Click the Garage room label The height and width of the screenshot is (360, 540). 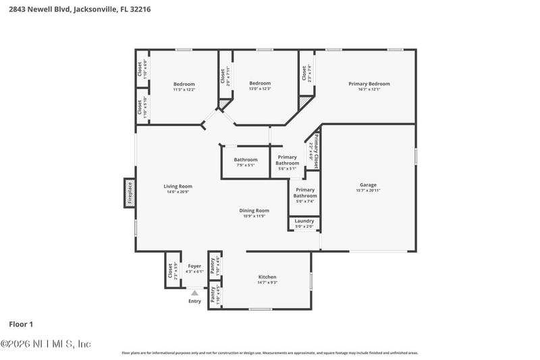pyautogui.click(x=368, y=185)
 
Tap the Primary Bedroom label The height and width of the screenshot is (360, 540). pyautogui.click(x=369, y=84)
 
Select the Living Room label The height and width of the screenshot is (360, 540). pyautogui.click(x=178, y=186)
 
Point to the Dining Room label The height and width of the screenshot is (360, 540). pyautogui.click(x=254, y=211)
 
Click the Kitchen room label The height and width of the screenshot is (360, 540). pyautogui.click(x=267, y=277)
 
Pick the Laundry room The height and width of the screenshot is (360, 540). pyautogui.click(x=304, y=223)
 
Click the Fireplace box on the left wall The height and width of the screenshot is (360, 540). pyautogui.click(x=130, y=192)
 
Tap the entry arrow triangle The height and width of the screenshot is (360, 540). pyautogui.click(x=194, y=292)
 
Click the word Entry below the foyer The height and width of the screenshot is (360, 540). pyautogui.click(x=194, y=301)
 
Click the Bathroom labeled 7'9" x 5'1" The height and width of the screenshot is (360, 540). pyautogui.click(x=246, y=162)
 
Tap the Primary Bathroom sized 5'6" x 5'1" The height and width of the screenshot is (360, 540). pyautogui.click(x=287, y=162)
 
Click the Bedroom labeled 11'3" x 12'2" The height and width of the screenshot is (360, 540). pyautogui.click(x=184, y=86)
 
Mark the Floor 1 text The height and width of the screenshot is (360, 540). pyautogui.click(x=22, y=324)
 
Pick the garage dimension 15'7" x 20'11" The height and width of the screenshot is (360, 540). pyautogui.click(x=368, y=191)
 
